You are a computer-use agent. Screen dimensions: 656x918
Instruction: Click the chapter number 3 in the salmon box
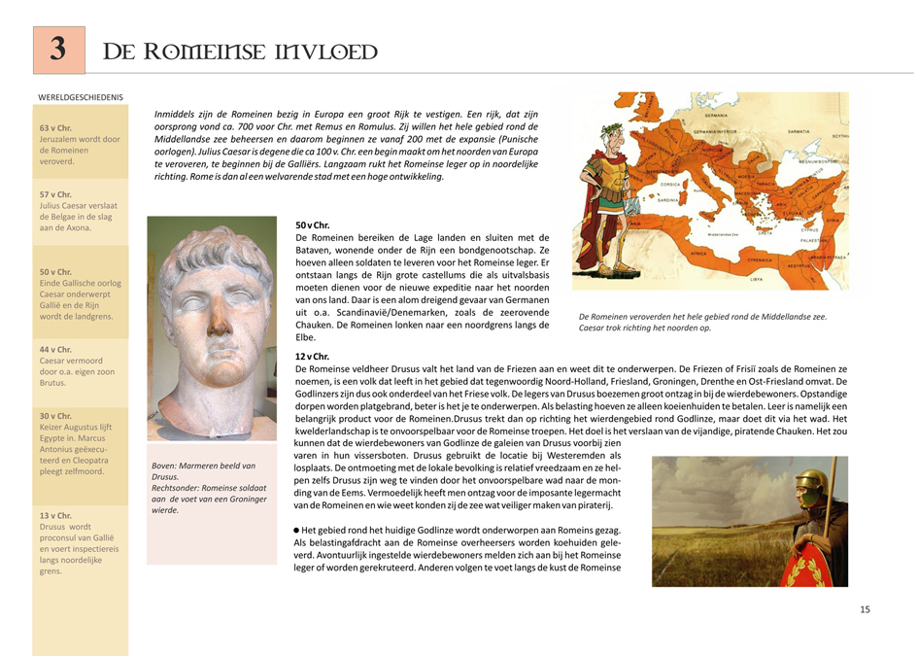click(58, 50)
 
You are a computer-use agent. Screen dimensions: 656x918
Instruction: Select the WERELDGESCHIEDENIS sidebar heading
click(81, 97)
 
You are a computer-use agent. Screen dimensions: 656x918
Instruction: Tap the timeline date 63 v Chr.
click(55, 128)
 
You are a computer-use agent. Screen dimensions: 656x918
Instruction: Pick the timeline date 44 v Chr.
click(55, 349)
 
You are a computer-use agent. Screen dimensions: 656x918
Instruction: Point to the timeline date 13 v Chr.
click(55, 515)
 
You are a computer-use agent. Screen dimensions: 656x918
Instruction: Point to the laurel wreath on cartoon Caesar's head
click(609, 127)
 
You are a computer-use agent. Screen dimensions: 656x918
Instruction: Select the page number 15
click(865, 609)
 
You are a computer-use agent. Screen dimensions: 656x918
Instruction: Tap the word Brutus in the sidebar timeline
click(52, 383)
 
